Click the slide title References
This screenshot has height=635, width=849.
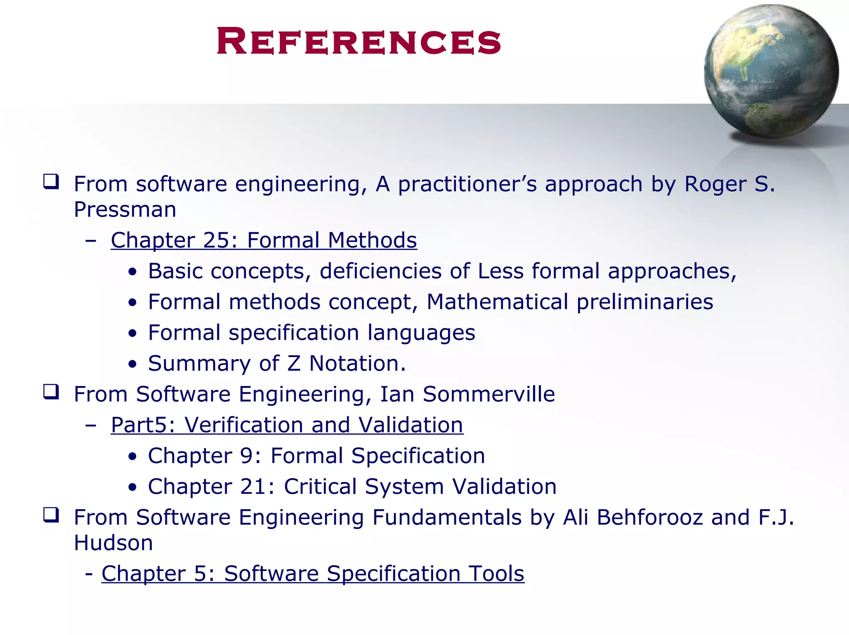[x=359, y=41]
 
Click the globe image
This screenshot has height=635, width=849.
[x=771, y=71]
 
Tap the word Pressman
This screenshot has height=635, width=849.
[x=125, y=209]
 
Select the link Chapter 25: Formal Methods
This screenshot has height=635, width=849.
[x=264, y=240]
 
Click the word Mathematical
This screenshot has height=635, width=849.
[x=497, y=302]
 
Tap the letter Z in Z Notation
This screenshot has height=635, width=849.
[x=294, y=363]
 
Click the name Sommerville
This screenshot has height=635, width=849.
[x=489, y=394]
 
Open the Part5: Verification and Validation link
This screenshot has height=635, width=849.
[x=287, y=425]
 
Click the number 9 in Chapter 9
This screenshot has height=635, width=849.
[x=247, y=456]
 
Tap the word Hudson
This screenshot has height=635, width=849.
[x=113, y=543]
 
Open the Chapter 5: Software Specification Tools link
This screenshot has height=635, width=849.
[x=313, y=574]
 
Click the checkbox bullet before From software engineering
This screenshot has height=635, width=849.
[x=51, y=182]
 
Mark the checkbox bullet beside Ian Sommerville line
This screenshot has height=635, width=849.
[x=51, y=392]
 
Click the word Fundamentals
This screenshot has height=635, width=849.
[x=446, y=517]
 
